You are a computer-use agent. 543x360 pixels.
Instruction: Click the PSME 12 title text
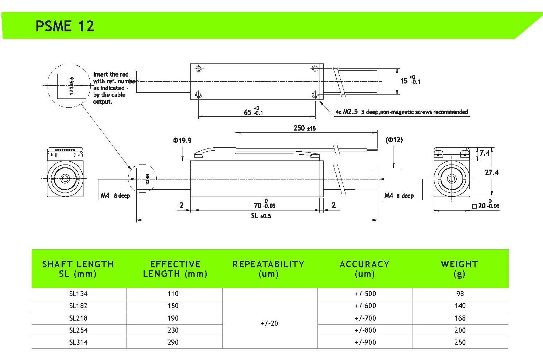pyautogui.click(x=65, y=26)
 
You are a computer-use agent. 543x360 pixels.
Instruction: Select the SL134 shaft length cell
pyautogui.click(x=78, y=294)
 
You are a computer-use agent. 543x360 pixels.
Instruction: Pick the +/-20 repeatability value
pyautogui.click(x=269, y=323)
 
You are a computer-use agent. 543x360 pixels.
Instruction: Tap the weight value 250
pyautogui.click(x=460, y=342)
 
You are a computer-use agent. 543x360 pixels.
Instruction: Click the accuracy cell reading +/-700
pyautogui.click(x=365, y=318)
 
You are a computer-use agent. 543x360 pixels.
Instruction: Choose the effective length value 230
pyautogui.click(x=173, y=330)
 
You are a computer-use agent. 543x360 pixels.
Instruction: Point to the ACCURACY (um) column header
pyautogui.click(x=364, y=269)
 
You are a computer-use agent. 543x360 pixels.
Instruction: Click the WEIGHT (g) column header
pyautogui.click(x=459, y=269)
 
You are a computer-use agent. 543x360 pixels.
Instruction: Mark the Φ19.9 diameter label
pyautogui.click(x=182, y=140)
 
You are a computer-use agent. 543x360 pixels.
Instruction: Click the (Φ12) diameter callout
pyautogui.click(x=394, y=140)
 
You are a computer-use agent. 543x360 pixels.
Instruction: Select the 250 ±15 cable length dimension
pyautogui.click(x=304, y=128)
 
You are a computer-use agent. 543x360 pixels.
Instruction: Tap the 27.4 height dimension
pyautogui.click(x=492, y=172)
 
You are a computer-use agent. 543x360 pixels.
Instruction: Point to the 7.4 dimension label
pyautogui.click(x=484, y=153)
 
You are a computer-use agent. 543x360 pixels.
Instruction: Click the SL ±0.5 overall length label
pyautogui.click(x=261, y=216)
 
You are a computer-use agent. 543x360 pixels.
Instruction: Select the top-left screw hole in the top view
pyautogui.click(x=198, y=69)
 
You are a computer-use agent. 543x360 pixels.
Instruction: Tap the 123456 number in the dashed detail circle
pyautogui.click(x=72, y=86)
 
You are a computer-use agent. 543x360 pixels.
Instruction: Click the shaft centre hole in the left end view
pyautogui.click(x=66, y=179)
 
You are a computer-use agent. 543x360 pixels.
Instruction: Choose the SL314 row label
pyautogui.click(x=78, y=342)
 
